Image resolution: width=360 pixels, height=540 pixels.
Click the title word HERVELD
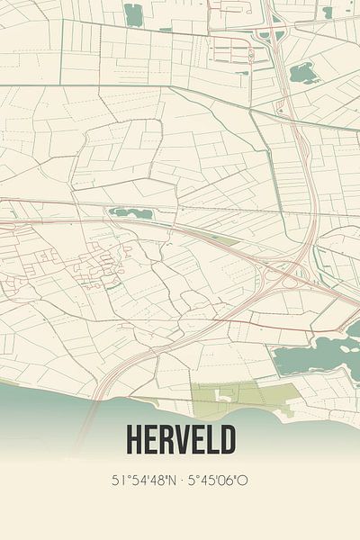[180, 440]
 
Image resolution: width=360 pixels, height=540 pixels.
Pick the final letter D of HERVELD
[228, 440]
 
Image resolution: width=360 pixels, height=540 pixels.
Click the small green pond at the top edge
[133, 14]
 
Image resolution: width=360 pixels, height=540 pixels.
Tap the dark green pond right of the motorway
[303, 71]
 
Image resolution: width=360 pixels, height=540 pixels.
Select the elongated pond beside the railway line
[130, 213]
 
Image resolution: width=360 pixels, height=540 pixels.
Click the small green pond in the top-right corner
[328, 12]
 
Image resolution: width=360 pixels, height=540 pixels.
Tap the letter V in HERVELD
[180, 440]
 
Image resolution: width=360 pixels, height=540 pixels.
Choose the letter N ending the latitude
[169, 481]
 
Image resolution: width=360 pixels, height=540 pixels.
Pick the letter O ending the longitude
[244, 481]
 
